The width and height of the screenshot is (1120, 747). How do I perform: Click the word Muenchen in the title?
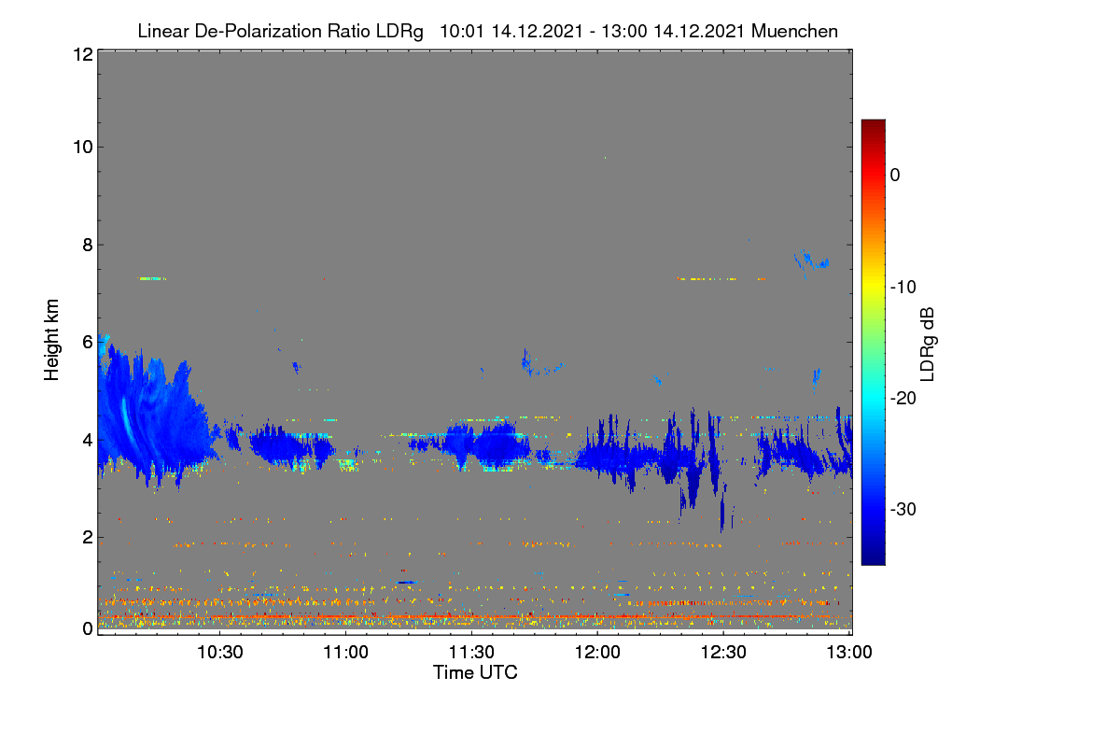point(794,31)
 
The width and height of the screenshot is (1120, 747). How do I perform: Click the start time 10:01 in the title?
point(461,31)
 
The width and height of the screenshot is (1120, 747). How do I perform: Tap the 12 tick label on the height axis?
point(83,54)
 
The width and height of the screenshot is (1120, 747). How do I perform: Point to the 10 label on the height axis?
point(83,148)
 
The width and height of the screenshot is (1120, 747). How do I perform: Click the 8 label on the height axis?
point(88,245)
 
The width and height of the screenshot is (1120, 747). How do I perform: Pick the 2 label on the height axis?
point(88,537)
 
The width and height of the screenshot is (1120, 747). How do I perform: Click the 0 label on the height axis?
point(88,629)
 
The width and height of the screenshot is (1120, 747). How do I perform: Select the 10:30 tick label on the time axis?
point(220,652)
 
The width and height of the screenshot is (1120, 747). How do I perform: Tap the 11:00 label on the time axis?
point(345,652)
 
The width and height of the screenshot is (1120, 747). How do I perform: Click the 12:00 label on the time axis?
point(597,652)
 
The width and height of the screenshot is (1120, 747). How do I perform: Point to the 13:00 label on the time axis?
point(849,652)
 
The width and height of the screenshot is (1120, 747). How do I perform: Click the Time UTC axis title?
point(475,672)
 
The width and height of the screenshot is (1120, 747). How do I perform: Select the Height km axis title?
point(51,340)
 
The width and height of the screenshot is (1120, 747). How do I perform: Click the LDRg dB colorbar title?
point(928,345)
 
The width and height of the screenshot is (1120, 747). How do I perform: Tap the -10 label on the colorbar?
point(903,288)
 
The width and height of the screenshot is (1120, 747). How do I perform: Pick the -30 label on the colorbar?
point(903,509)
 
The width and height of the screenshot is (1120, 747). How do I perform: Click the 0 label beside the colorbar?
point(895,176)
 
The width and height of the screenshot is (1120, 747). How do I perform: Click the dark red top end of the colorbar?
point(873,121)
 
